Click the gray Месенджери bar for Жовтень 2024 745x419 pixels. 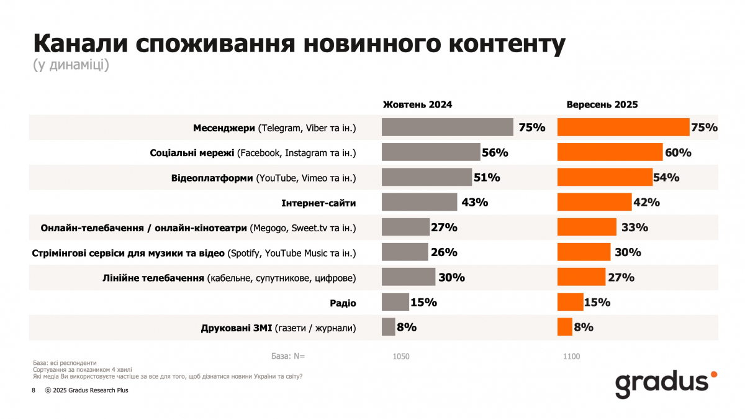coord(448,127)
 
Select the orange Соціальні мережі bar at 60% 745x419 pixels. coord(610,152)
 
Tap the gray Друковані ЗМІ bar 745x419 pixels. coord(389,327)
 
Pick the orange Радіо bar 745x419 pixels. coord(571,302)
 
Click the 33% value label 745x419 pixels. coord(635,228)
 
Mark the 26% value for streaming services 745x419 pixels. coord(444,252)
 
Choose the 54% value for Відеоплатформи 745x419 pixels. coord(667,177)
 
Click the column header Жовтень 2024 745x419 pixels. coord(417,104)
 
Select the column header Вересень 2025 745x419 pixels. coord(602,104)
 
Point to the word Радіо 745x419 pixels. coord(343,303)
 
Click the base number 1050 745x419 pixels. coord(401,356)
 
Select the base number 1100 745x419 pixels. coord(571,356)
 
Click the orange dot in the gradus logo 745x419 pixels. coord(714,374)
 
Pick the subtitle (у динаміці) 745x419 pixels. coord(71,65)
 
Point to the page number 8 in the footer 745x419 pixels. coord(34,391)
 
